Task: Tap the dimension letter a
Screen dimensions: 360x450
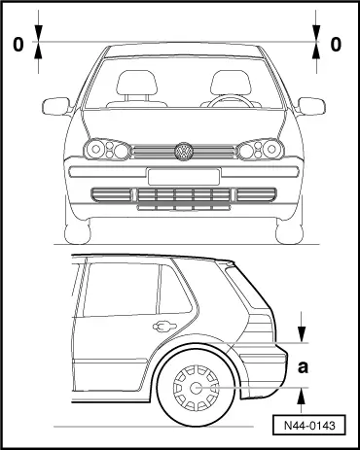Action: click(x=304, y=366)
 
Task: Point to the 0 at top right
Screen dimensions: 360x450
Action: click(x=336, y=44)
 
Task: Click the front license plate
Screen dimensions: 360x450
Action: click(x=180, y=176)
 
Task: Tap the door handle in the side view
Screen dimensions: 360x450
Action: click(x=162, y=327)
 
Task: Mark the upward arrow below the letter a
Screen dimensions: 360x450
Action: click(x=305, y=395)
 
